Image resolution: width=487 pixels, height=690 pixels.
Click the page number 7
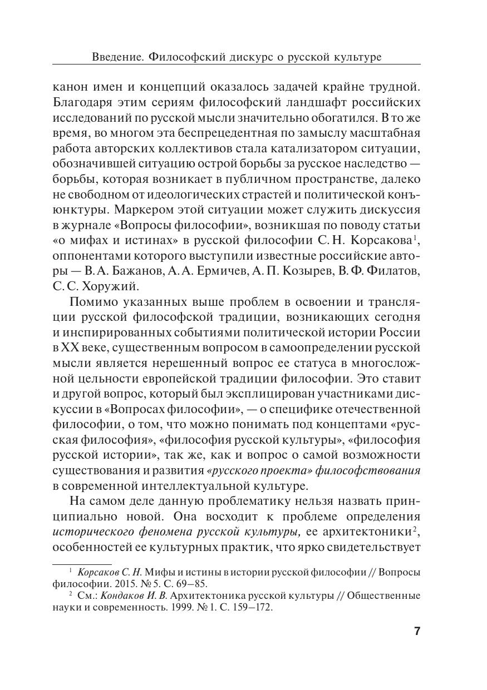(417, 631)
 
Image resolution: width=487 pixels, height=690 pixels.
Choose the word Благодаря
(83, 103)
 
